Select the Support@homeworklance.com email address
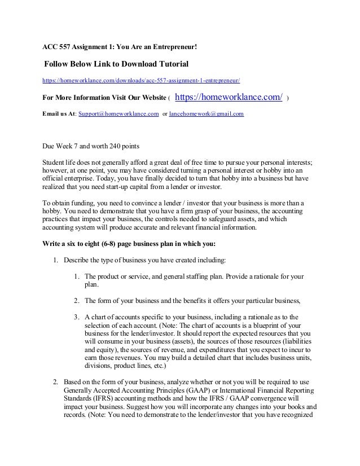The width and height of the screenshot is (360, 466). [x=118, y=114]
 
